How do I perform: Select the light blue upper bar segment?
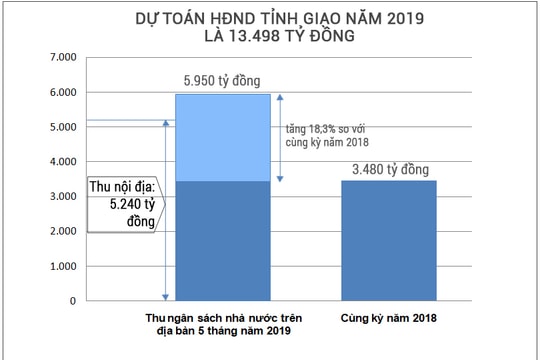tap(222, 137)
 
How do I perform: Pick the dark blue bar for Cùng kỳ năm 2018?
tap(388, 240)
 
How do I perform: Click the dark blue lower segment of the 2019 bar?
tap(222, 240)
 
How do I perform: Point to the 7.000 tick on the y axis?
tap(62, 58)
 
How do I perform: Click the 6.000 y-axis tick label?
tap(62, 93)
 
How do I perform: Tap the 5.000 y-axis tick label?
tap(62, 127)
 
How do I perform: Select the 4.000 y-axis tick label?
tap(62, 162)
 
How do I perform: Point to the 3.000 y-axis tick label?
tap(62, 197)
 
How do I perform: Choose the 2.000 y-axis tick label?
tap(62, 231)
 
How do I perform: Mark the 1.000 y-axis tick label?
tap(62, 266)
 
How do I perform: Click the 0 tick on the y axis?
tap(72, 300)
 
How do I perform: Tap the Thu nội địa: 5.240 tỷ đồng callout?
tap(123, 204)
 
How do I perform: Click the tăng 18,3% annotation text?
tap(326, 135)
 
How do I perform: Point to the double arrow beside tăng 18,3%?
tap(280, 137)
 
